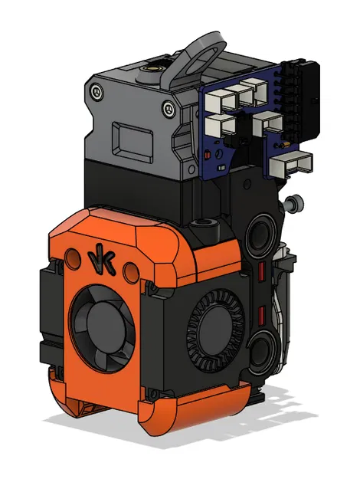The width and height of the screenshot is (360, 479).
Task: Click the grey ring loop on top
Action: point(203,54)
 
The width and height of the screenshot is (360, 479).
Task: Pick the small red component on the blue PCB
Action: point(211,158)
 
